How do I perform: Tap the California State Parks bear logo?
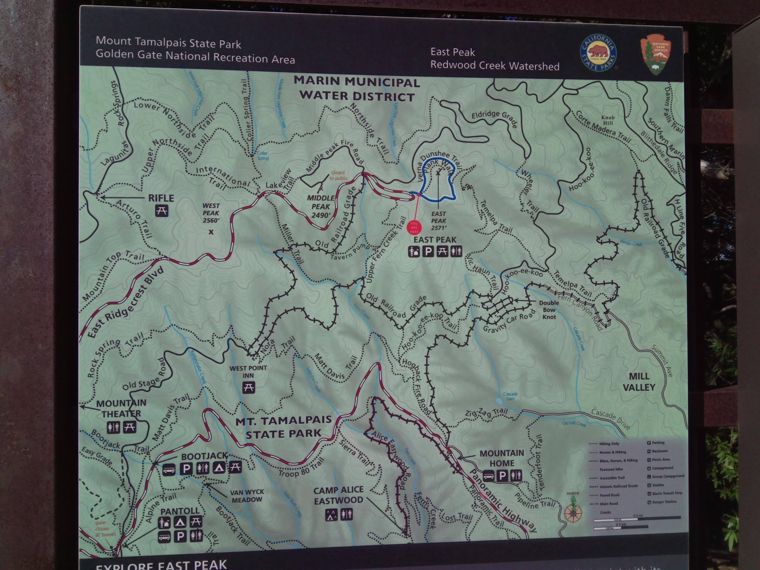[x=598, y=53]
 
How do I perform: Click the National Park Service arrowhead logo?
[x=655, y=54]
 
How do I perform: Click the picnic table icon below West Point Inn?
[x=248, y=387]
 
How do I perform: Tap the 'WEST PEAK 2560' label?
[x=211, y=213]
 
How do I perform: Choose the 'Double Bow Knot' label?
[x=549, y=310]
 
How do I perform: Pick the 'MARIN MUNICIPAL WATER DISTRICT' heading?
[x=357, y=89]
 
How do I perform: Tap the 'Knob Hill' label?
[x=607, y=120]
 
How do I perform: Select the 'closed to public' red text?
[x=338, y=175]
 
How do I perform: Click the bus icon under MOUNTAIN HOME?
[x=489, y=476]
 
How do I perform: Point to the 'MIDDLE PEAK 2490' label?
[x=321, y=207]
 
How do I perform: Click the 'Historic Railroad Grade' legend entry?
[x=618, y=486]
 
